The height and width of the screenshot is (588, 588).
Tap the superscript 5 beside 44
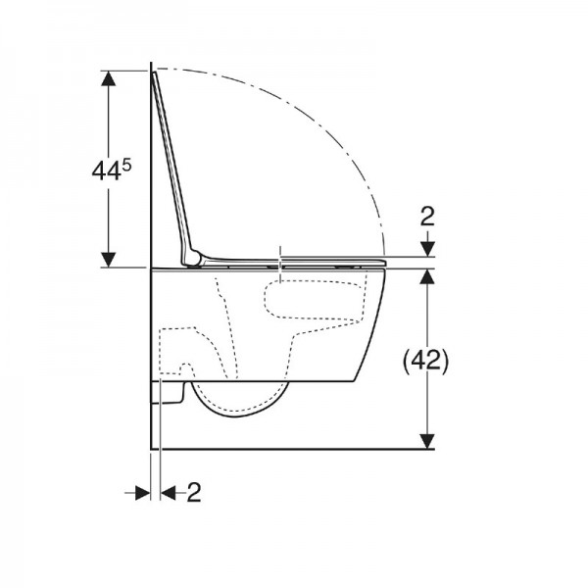(x=126, y=166)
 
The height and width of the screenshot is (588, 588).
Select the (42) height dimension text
(x=425, y=361)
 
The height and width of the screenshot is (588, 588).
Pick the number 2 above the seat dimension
(x=427, y=216)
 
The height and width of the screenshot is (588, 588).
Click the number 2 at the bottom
(x=194, y=492)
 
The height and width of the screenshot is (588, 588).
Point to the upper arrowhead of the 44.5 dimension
(x=109, y=78)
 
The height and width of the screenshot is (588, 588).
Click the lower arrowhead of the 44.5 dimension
(x=109, y=260)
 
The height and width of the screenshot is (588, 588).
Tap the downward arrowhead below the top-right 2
(x=427, y=249)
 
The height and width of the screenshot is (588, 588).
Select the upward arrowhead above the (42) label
(x=427, y=276)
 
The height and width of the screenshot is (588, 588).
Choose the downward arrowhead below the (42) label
(x=427, y=441)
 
